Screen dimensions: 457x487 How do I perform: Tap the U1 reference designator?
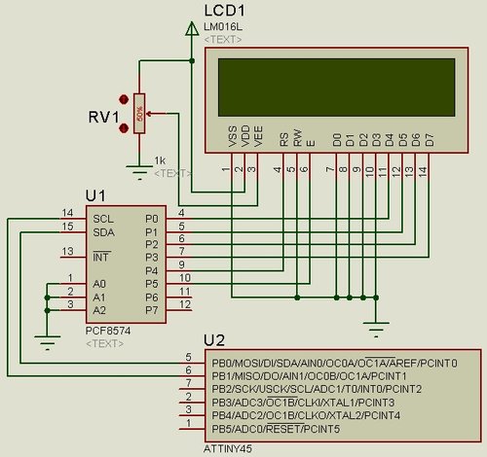(96, 196)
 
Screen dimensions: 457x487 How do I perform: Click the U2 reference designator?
(214, 340)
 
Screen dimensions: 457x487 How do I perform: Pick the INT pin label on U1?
(100, 258)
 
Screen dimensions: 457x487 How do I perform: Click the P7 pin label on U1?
(151, 310)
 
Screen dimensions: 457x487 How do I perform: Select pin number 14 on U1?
(67, 213)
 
